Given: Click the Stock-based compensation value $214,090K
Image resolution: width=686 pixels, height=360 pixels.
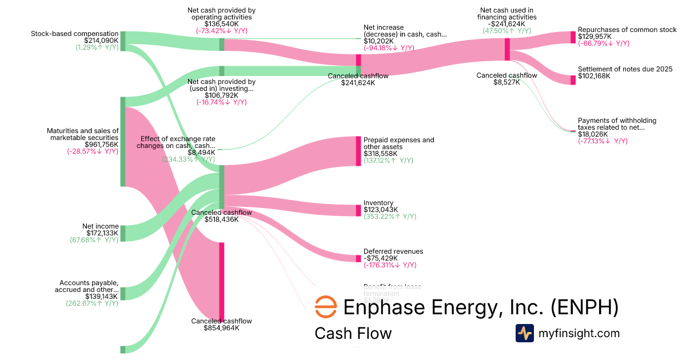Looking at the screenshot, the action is click(x=101, y=41).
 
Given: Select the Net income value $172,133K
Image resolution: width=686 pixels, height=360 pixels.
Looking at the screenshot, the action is click(x=102, y=233).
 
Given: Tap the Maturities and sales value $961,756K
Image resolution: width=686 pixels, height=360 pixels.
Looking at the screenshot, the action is click(x=102, y=145).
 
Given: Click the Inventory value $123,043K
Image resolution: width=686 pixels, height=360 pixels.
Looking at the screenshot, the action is click(x=381, y=210).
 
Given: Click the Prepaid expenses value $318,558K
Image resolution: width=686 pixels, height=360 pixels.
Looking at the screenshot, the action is click(x=382, y=154).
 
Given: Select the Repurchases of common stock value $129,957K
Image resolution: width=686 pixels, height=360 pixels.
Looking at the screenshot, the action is click(x=595, y=36).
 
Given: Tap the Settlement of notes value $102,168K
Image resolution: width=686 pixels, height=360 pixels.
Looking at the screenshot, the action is click(x=594, y=76).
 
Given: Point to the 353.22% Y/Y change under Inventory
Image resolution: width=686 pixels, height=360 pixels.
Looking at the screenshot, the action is click(x=390, y=217).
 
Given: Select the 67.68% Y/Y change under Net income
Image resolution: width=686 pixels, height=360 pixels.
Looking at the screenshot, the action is click(x=94, y=239).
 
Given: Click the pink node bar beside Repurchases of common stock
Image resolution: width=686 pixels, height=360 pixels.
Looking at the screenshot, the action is click(x=573, y=37).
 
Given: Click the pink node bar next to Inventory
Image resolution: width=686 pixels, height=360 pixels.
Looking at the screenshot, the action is click(x=358, y=210).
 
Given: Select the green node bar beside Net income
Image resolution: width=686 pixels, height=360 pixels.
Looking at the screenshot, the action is click(x=123, y=233).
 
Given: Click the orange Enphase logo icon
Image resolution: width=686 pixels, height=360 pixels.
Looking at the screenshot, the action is click(x=326, y=307).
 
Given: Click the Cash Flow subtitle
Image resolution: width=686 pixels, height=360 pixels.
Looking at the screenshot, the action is click(x=353, y=333).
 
